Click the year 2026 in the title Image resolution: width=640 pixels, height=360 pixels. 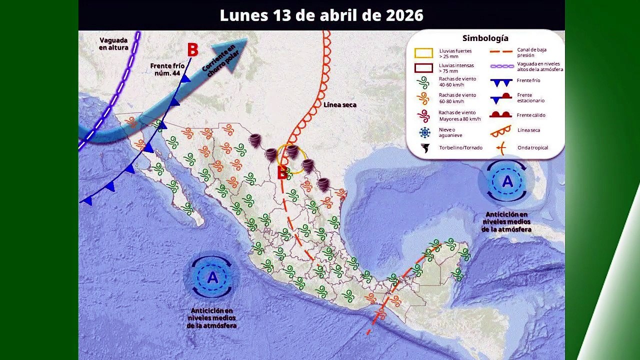point(404,15)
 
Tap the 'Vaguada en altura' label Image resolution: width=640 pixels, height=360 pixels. point(113,44)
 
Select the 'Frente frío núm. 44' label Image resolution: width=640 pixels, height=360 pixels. point(167,69)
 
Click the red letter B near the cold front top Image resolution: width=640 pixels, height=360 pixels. point(192,50)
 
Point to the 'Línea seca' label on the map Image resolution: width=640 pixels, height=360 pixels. point(339,105)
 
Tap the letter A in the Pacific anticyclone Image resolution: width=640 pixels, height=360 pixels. point(212,277)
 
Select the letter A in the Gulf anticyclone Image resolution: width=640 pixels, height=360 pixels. point(507,182)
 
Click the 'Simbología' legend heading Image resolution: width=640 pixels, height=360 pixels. point(485,38)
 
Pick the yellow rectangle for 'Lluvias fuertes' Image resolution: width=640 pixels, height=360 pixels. point(423,53)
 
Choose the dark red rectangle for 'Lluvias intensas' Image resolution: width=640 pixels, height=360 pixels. point(423,67)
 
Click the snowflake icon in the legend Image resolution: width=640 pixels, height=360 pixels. point(424,132)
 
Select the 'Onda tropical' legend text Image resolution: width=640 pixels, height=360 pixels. point(532,148)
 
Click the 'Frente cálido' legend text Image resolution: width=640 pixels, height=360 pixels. point(531,115)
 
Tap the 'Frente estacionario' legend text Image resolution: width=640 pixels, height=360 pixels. point(530,97)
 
